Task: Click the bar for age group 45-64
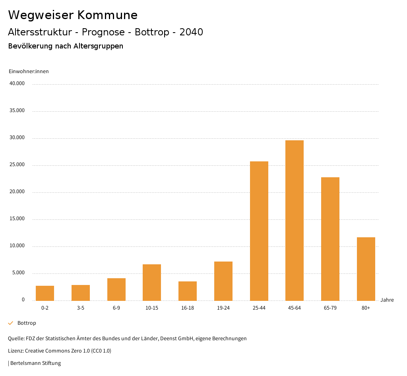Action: pos(295,221)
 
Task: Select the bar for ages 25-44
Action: pos(259,231)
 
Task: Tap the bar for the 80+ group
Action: pos(366,269)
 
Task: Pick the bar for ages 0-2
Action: pos(45,293)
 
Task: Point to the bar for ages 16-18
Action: pos(188,291)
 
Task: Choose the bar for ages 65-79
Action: pos(330,239)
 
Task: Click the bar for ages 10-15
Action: pos(152,283)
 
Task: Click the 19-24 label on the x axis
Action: pos(223,308)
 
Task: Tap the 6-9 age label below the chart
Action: pos(116,308)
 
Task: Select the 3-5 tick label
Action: pos(81,308)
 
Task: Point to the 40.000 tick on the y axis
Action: pos(17,84)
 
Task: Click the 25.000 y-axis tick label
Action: pos(17,165)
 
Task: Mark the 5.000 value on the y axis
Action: pos(18,273)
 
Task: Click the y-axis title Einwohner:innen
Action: pos(29,72)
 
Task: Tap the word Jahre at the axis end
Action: pos(387,300)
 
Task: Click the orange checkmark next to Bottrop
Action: pos(11,323)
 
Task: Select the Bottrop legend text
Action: pos(27,323)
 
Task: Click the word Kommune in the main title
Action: pos(107,15)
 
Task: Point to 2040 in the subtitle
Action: pos(191,32)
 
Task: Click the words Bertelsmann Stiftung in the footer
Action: pos(35,363)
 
